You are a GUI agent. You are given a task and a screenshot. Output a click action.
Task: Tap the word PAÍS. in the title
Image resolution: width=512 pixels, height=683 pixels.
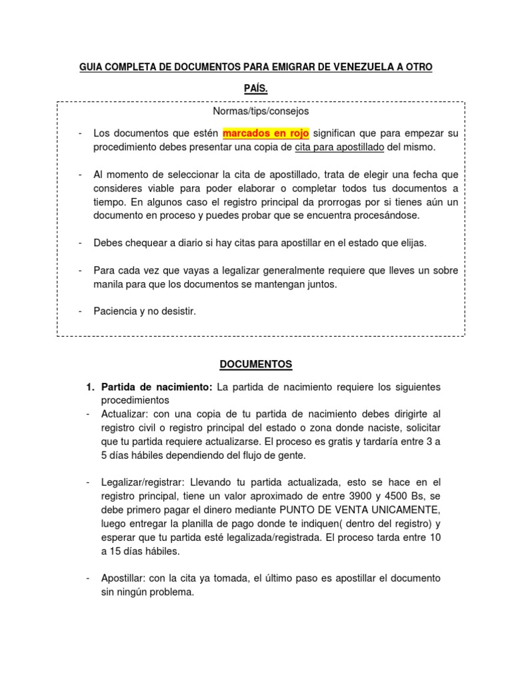256,87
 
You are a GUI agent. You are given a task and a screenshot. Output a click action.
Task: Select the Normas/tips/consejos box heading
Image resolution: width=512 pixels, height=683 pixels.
256,111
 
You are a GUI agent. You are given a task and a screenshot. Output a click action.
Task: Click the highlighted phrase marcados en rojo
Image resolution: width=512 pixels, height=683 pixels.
265,133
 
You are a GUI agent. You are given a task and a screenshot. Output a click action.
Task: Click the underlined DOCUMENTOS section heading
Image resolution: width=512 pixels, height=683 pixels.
257,364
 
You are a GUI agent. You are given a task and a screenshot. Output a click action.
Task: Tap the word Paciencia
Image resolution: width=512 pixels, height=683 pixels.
115,311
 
